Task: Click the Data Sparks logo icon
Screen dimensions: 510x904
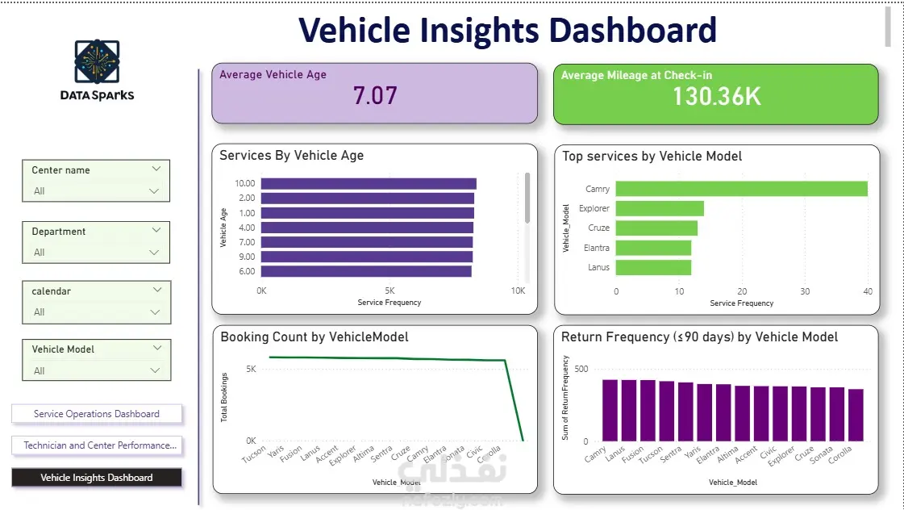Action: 97,61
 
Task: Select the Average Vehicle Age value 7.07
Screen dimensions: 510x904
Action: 375,96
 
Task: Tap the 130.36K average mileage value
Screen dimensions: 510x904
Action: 716,96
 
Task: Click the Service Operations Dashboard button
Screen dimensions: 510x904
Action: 97,414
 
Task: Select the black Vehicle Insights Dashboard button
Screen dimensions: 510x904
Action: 97,478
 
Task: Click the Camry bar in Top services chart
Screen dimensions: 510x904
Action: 741,189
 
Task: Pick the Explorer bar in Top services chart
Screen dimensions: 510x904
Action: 660,208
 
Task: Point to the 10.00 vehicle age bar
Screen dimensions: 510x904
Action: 369,183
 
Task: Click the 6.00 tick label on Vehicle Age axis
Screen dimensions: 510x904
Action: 246,271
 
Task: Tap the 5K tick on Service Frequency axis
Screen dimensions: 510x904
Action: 390,291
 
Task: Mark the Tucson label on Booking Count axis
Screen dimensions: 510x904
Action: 255,456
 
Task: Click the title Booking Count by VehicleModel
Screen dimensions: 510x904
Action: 315,337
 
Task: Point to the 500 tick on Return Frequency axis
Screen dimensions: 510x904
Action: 581,370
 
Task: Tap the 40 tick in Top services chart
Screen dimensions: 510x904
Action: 867,291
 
